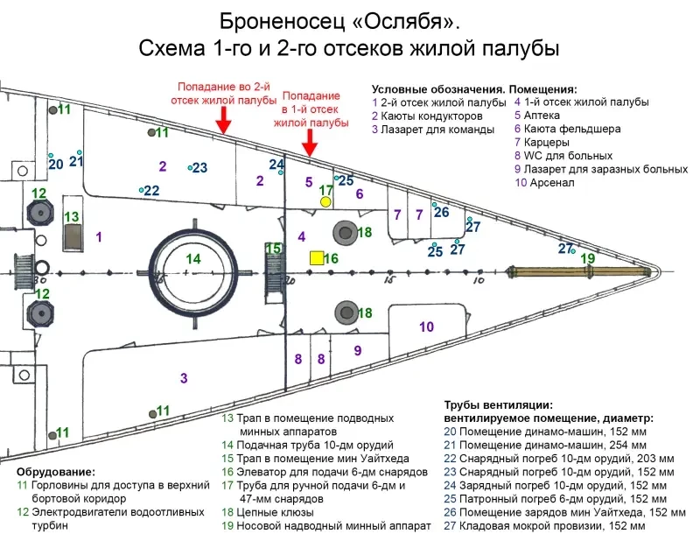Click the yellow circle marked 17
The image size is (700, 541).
coord(325,201)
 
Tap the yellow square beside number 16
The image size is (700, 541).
coord(314,258)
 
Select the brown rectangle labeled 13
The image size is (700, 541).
coord(73,235)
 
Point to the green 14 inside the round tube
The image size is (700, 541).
coord(193,259)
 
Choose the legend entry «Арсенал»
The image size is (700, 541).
coord(549,183)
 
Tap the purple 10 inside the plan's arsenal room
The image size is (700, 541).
coord(427,327)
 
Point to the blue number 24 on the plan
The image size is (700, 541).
coord(276,164)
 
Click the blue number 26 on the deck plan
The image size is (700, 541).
coord(442,212)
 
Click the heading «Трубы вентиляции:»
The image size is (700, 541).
coord(498,404)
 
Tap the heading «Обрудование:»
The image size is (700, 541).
coord(60,472)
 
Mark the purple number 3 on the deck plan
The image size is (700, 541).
coord(184,378)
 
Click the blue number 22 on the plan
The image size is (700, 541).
coord(152,191)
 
